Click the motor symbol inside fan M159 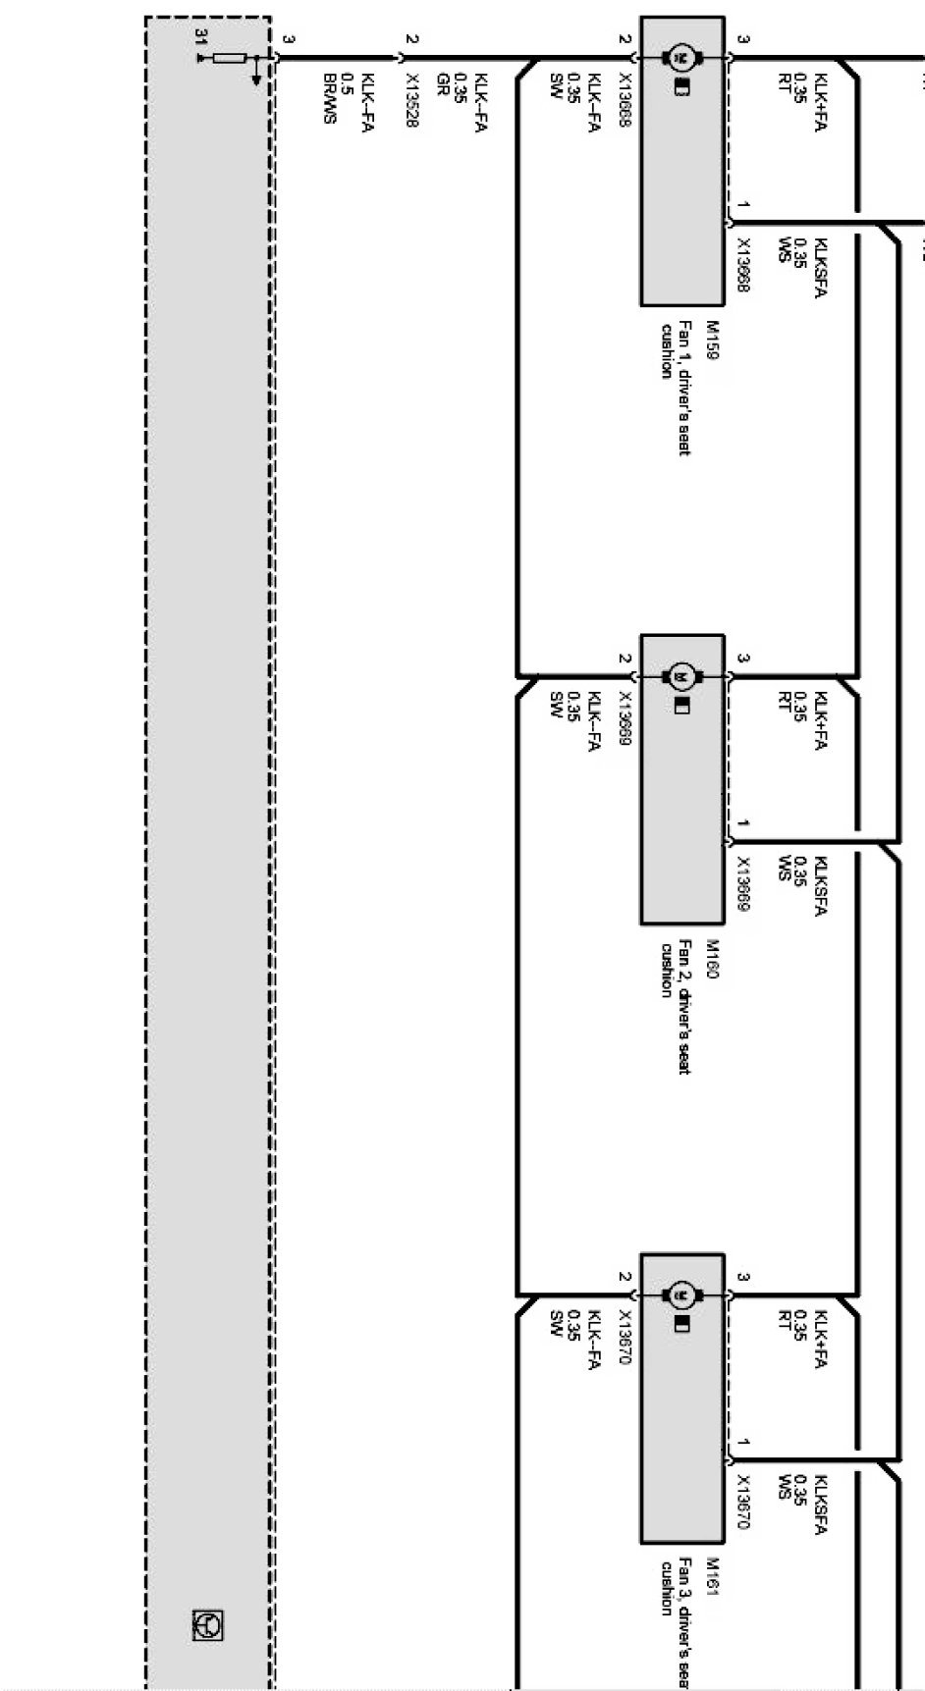681,58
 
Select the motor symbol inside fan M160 681,676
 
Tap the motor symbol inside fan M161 681,1295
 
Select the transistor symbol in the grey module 208,1625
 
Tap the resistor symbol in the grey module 229,59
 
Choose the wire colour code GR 443,82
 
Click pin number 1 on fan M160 743,823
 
